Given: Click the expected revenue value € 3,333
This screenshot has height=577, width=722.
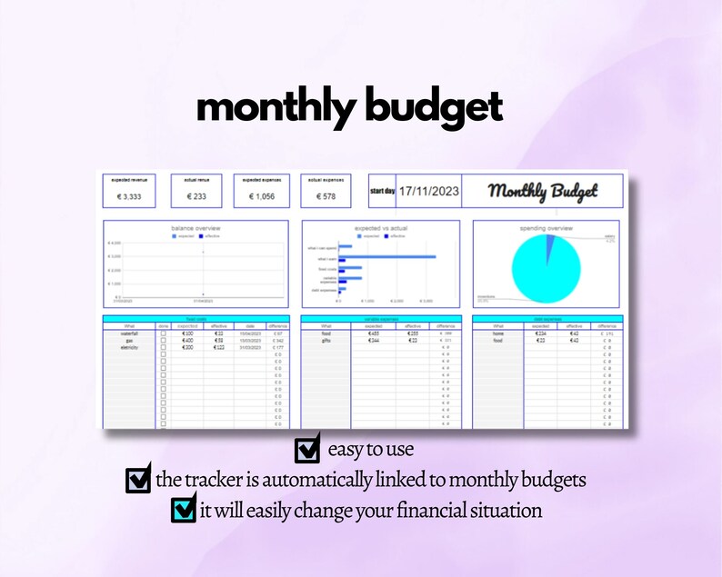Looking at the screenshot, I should [x=132, y=196].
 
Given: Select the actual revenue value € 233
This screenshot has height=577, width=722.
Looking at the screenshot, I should [x=196, y=196].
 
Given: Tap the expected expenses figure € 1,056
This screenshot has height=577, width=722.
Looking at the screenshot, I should [x=261, y=196].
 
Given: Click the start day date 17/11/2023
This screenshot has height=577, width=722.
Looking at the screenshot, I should [x=427, y=192].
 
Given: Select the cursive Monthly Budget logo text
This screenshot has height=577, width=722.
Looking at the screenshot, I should [x=543, y=192].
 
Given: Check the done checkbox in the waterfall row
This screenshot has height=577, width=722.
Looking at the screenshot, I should [x=164, y=334].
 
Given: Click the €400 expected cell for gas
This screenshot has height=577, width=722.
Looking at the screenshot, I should [x=188, y=341].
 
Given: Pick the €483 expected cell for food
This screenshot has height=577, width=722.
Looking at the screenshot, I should [x=374, y=334].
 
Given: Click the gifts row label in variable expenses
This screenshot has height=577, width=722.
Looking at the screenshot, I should [x=326, y=341].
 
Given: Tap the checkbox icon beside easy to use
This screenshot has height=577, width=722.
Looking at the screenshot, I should [x=307, y=450].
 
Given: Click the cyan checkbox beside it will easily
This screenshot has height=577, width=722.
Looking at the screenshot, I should [x=184, y=510].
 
